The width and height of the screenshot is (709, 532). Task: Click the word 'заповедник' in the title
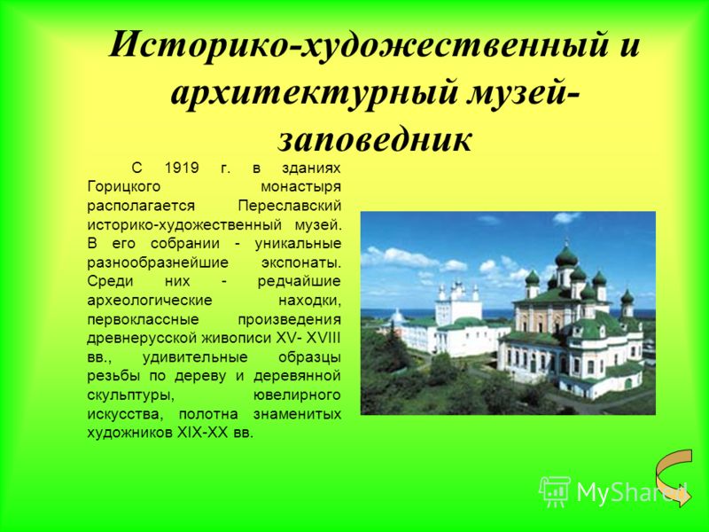(375, 139)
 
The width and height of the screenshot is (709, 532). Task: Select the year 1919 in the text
(182, 168)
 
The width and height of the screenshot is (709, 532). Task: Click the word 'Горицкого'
(123, 187)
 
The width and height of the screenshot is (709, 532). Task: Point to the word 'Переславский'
(290, 206)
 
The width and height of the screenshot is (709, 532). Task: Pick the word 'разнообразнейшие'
(158, 262)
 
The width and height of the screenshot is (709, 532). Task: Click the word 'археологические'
(150, 301)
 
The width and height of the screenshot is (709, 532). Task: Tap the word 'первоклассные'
(143, 320)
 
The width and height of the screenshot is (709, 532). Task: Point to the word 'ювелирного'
(297, 395)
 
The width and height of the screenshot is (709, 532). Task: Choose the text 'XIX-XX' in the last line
(202, 433)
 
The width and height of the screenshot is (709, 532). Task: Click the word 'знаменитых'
(297, 414)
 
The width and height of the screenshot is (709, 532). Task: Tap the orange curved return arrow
(674, 477)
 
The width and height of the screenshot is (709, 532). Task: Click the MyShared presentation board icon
(555, 492)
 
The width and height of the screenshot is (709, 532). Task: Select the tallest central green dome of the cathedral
(566, 255)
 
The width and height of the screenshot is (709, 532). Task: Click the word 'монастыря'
(301, 187)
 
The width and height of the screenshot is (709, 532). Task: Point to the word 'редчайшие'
(300, 282)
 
